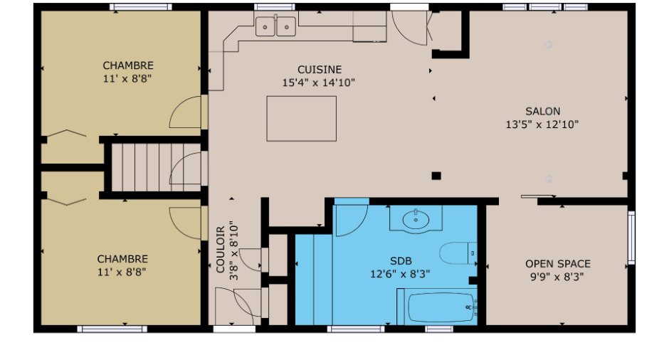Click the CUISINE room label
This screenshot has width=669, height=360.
pos(320,70)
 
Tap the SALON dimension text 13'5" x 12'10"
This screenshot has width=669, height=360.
pos(542,125)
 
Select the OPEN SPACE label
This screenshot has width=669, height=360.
pos(558,264)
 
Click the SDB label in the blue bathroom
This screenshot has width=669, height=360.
pos(401,260)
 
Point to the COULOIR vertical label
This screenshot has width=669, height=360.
pos(220,250)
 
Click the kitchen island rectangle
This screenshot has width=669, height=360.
pos(301,119)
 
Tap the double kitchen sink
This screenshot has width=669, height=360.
pos(275,26)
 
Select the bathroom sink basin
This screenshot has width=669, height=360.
pos(416,220)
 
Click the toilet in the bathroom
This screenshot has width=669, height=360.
pos(458,253)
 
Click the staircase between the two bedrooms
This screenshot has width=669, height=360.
pos(156,166)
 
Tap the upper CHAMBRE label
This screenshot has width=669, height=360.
pos(128,65)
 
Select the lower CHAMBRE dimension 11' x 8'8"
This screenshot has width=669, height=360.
pos(122,272)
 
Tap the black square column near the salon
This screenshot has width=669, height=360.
pos(436,176)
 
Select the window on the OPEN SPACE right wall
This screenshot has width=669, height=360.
pos(631,238)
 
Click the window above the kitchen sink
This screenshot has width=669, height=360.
pos(274,7)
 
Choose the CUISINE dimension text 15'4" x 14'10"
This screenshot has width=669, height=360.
pos(318,83)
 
